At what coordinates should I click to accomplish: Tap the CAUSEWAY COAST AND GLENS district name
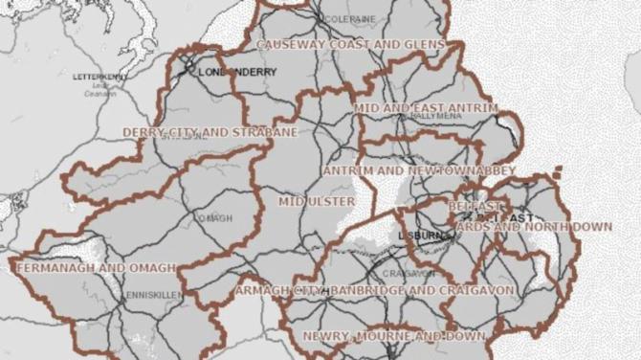click(351, 44)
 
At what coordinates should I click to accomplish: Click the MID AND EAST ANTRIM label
click(426, 108)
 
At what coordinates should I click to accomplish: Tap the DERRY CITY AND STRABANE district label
click(210, 132)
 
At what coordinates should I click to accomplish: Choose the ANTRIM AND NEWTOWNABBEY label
click(419, 170)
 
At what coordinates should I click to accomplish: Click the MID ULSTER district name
click(317, 202)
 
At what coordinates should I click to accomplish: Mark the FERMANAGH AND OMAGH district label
click(96, 268)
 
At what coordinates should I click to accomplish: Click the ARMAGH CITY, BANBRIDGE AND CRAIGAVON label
click(375, 289)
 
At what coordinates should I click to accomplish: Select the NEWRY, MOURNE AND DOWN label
click(393, 336)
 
